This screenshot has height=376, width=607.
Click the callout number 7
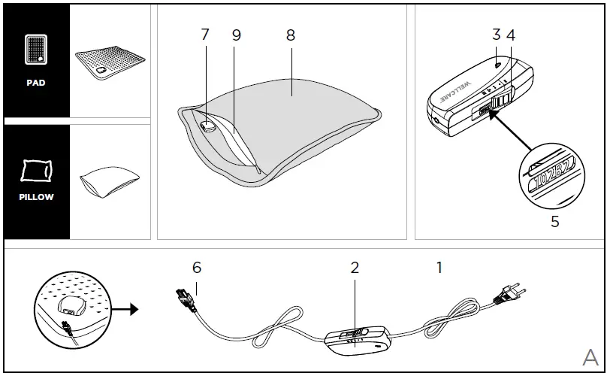tap(205, 35)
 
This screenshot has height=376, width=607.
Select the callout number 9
tap(236, 35)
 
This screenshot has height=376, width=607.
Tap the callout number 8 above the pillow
tap(291, 35)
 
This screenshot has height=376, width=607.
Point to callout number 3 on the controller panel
tap(497, 35)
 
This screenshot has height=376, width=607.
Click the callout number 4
tap(511, 35)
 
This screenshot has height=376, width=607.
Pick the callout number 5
tap(555, 222)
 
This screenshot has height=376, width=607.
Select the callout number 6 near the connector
tap(197, 268)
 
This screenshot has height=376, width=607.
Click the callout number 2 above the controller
tap(355, 268)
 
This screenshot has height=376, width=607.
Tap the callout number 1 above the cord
tap(439, 268)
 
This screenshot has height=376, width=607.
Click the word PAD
tap(36, 83)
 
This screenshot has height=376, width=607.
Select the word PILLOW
tap(36, 197)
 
